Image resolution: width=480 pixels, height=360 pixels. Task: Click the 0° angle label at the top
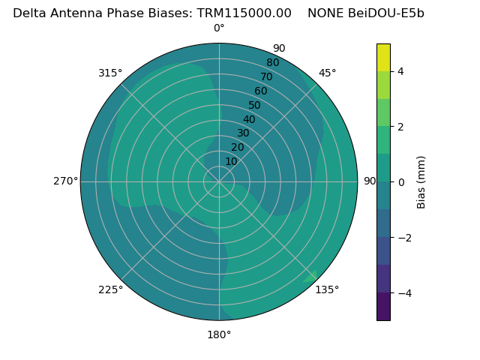219,28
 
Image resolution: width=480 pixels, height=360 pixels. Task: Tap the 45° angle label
327,73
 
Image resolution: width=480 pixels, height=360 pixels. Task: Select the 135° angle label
327,289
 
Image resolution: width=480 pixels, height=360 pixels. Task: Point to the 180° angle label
219,334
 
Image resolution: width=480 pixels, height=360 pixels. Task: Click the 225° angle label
110,289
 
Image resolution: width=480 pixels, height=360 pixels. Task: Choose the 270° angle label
65,181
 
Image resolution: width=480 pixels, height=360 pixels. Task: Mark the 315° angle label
110,73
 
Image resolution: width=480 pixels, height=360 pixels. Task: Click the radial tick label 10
231,161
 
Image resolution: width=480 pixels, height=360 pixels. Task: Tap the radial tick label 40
249,119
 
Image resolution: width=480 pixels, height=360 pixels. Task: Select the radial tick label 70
266,77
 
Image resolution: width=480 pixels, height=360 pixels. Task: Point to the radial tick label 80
272,63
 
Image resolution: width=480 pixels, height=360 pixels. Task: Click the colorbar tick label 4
400,71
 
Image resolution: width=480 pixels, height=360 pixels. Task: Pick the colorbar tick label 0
400,181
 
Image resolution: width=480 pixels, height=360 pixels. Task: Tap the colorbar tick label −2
403,237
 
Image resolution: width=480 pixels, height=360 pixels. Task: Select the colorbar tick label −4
403,292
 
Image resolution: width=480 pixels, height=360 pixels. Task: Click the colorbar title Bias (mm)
421,181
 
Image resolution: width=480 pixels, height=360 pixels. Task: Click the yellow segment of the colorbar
383,57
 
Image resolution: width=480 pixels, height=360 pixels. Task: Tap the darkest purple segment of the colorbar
383,306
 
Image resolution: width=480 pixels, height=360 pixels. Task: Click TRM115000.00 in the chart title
244,13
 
